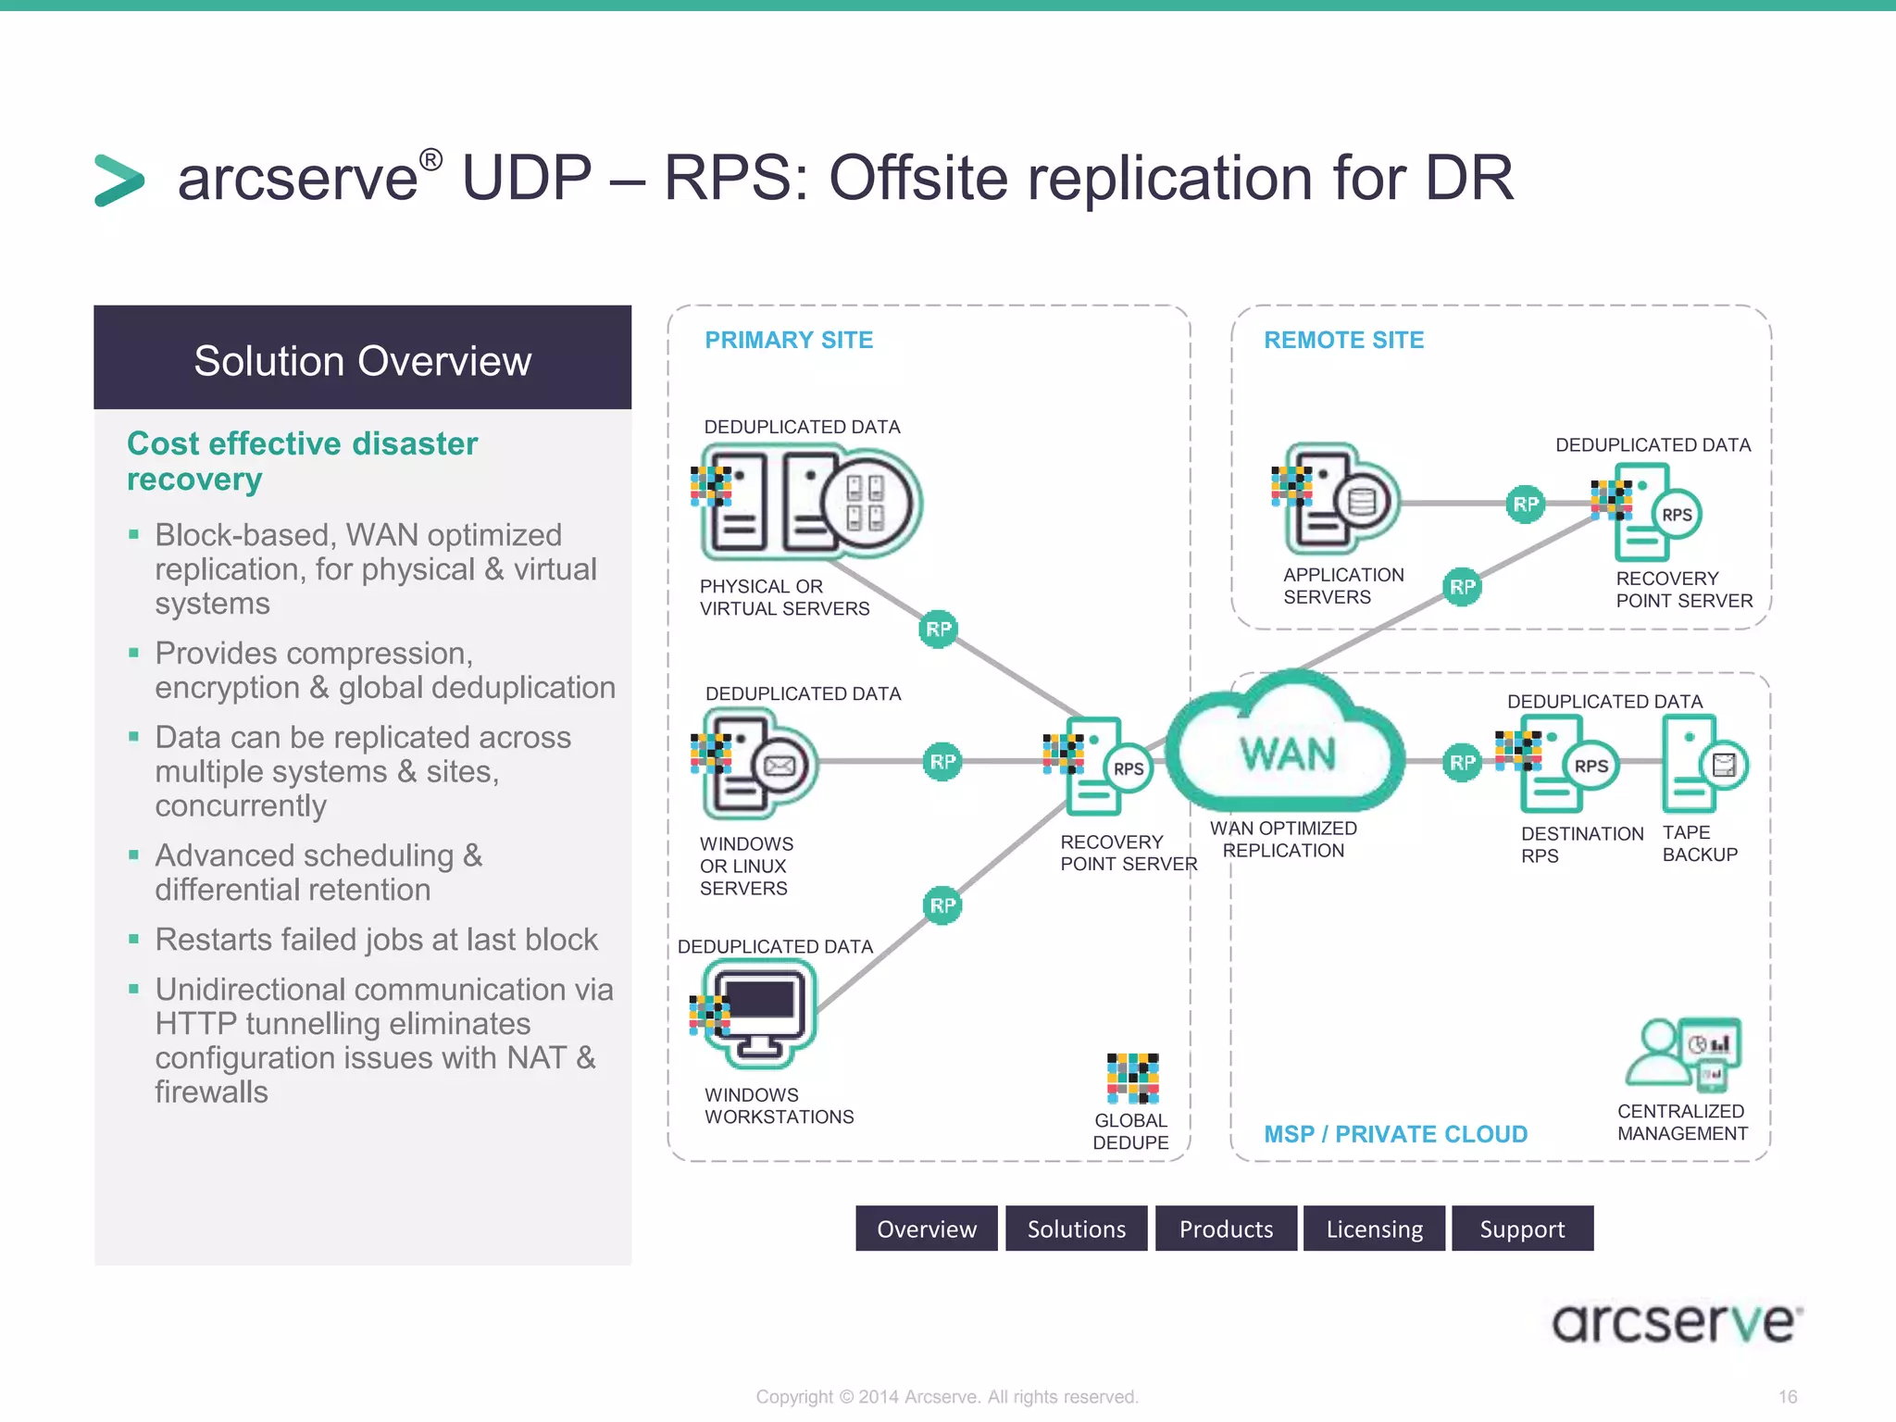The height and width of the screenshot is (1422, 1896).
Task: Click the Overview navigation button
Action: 926,1229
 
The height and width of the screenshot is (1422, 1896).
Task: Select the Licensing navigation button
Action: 1374,1229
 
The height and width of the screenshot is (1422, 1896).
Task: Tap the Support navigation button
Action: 1522,1229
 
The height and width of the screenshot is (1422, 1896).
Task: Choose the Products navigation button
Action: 1226,1229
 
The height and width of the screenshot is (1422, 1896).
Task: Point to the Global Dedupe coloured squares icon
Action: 1132,1079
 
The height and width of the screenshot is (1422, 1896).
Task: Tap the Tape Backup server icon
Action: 1702,765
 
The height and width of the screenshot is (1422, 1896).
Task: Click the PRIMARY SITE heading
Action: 789,340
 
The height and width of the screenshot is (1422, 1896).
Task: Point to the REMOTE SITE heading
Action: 1343,340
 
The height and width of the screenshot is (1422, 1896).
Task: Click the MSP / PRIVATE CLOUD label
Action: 1395,1134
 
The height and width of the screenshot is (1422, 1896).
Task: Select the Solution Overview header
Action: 362,359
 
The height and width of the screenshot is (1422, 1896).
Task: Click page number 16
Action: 1787,1396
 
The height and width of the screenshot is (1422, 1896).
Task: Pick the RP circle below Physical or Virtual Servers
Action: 938,630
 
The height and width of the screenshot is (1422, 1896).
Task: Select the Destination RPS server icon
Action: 1565,765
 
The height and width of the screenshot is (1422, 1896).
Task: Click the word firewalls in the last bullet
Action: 211,1092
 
